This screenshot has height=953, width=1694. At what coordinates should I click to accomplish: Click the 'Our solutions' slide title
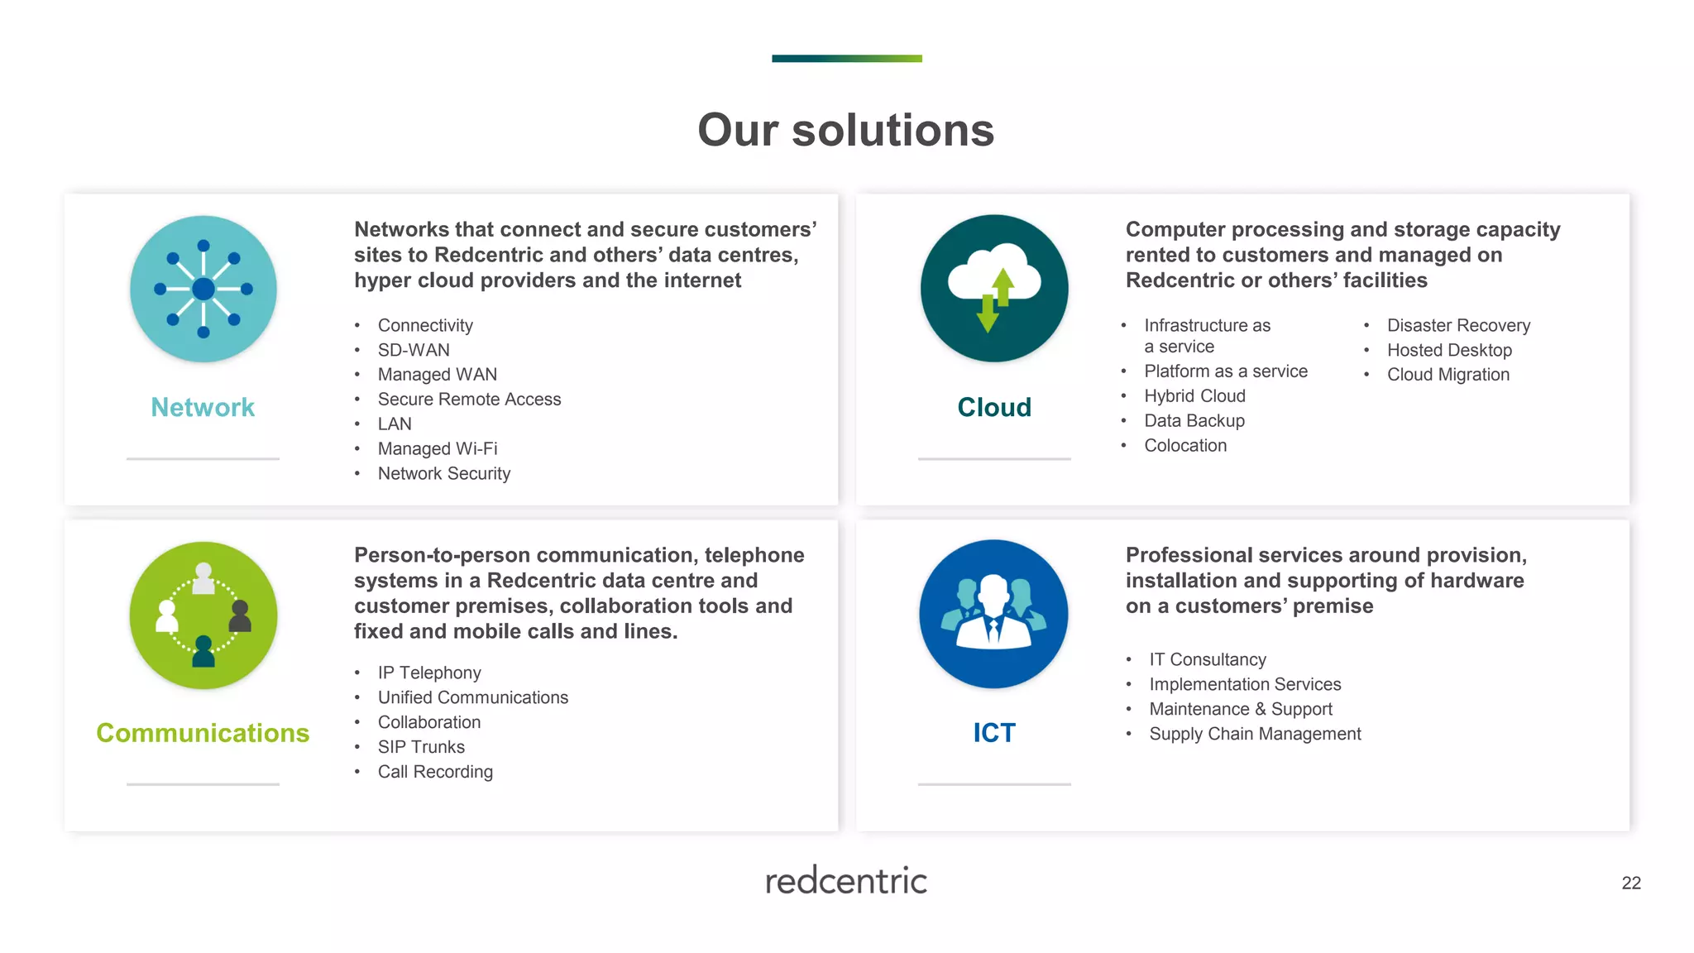(845, 131)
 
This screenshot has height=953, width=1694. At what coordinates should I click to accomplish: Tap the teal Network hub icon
(203, 289)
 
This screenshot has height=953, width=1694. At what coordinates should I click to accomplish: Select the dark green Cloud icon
(994, 288)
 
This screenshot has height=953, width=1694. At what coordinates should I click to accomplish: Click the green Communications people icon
(203, 615)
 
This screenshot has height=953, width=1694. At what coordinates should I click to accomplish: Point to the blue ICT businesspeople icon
(993, 614)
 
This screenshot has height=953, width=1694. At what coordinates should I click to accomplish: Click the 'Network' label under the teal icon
(203, 407)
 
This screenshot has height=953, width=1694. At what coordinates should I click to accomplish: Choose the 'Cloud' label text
(994, 407)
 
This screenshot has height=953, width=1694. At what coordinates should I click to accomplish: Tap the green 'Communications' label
(203, 733)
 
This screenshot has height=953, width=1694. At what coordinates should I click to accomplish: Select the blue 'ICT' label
(994, 733)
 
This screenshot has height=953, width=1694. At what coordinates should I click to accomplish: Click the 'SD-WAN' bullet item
(414, 350)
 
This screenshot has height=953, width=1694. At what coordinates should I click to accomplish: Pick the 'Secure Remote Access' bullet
(469, 400)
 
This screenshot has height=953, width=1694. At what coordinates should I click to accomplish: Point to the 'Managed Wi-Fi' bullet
(438, 448)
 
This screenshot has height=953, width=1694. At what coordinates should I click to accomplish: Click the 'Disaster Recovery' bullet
(1458, 325)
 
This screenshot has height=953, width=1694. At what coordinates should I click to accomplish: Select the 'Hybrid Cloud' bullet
(1194, 396)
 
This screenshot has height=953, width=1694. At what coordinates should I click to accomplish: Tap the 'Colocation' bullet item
(1185, 446)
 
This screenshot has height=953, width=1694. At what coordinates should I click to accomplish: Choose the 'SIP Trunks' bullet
(421, 747)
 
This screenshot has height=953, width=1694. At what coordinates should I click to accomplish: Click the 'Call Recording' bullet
(435, 772)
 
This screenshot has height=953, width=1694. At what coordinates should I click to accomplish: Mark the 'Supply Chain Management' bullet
(1255, 734)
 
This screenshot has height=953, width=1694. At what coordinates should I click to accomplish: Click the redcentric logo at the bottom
(846, 881)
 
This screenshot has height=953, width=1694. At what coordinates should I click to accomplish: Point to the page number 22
(1631, 884)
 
